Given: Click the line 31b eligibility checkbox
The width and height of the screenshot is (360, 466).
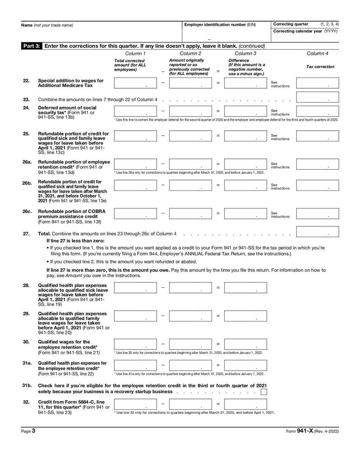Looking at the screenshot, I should pyautogui.click(x=264, y=392).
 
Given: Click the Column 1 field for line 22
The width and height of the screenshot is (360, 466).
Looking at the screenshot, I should pyautogui.click(x=135, y=83).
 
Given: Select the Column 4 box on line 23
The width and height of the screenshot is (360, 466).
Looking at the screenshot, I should pyautogui.click(x=317, y=97).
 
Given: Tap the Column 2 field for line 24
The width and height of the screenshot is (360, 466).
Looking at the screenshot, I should pyautogui.click(x=190, y=112).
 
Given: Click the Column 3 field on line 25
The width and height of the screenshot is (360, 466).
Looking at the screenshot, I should pyautogui.click(x=245, y=136).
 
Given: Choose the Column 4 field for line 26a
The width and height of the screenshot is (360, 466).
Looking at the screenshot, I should pyautogui.click(x=317, y=164).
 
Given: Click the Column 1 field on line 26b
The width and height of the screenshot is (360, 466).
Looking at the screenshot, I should pyautogui.click(x=135, y=185).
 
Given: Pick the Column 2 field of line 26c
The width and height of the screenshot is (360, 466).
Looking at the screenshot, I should pyautogui.click(x=190, y=213).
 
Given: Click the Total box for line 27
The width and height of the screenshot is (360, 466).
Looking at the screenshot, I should pyautogui.click(x=317, y=231).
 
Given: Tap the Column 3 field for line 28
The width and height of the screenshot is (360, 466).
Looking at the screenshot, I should pyautogui.click(x=245, y=288).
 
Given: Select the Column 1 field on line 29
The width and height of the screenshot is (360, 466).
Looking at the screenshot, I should pyautogui.click(x=135, y=316).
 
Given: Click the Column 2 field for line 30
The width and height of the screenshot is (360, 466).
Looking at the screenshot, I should pyautogui.click(x=190, y=344).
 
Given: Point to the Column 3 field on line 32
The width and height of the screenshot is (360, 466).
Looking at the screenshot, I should pyautogui.click(x=245, y=404).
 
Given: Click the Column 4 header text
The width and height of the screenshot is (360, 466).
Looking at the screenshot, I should pyautogui.click(x=317, y=54).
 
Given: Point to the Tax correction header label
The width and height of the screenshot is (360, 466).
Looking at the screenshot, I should pyautogui.click(x=320, y=67).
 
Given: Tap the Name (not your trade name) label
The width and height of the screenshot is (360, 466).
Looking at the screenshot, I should pyautogui.click(x=47, y=25).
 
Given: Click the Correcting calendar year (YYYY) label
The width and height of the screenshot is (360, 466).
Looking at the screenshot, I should pyautogui.click(x=305, y=31).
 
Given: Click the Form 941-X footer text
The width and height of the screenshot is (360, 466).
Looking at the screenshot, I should pyautogui.click(x=312, y=431).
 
